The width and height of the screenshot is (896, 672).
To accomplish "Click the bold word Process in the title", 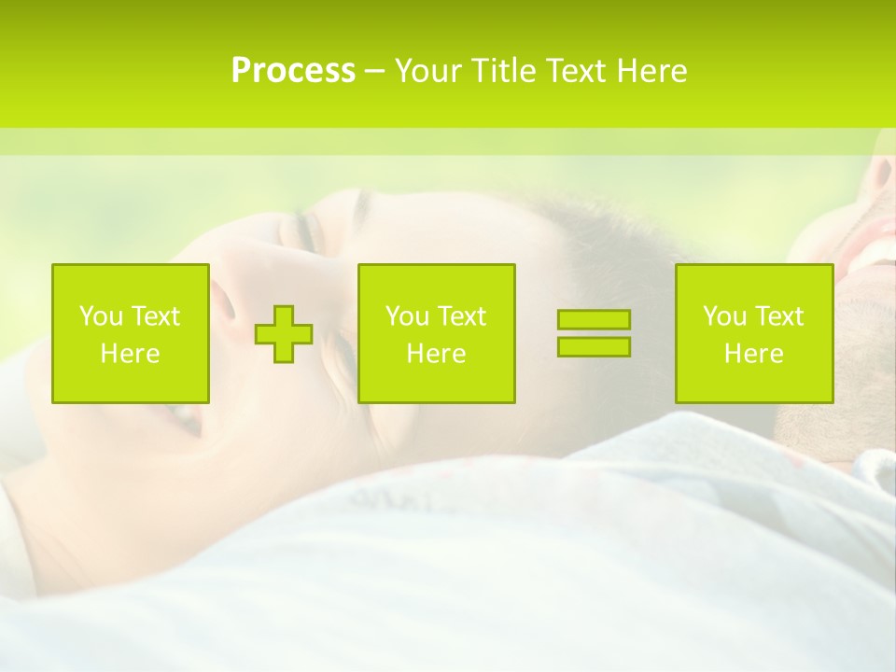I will click(x=293, y=71).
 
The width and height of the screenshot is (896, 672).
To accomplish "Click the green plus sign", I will click(x=284, y=333).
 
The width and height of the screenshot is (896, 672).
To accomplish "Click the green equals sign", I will click(x=594, y=333).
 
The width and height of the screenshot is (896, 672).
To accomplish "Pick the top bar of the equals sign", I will click(x=594, y=320).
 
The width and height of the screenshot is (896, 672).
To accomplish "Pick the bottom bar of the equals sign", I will click(x=594, y=346).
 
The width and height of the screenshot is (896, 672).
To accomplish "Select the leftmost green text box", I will click(x=131, y=333).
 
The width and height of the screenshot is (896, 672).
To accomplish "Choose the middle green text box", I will click(x=436, y=333).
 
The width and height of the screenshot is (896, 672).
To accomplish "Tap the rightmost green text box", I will click(x=753, y=333).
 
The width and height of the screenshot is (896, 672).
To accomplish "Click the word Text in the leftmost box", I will click(x=155, y=316).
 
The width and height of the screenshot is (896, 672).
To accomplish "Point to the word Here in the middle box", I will click(x=436, y=354).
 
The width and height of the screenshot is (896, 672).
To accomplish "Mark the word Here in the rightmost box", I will click(x=753, y=354).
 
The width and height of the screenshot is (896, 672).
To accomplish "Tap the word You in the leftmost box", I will click(x=102, y=316).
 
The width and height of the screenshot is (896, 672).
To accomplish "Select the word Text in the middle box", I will click(x=461, y=316).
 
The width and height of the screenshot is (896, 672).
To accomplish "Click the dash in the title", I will click(x=374, y=72).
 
